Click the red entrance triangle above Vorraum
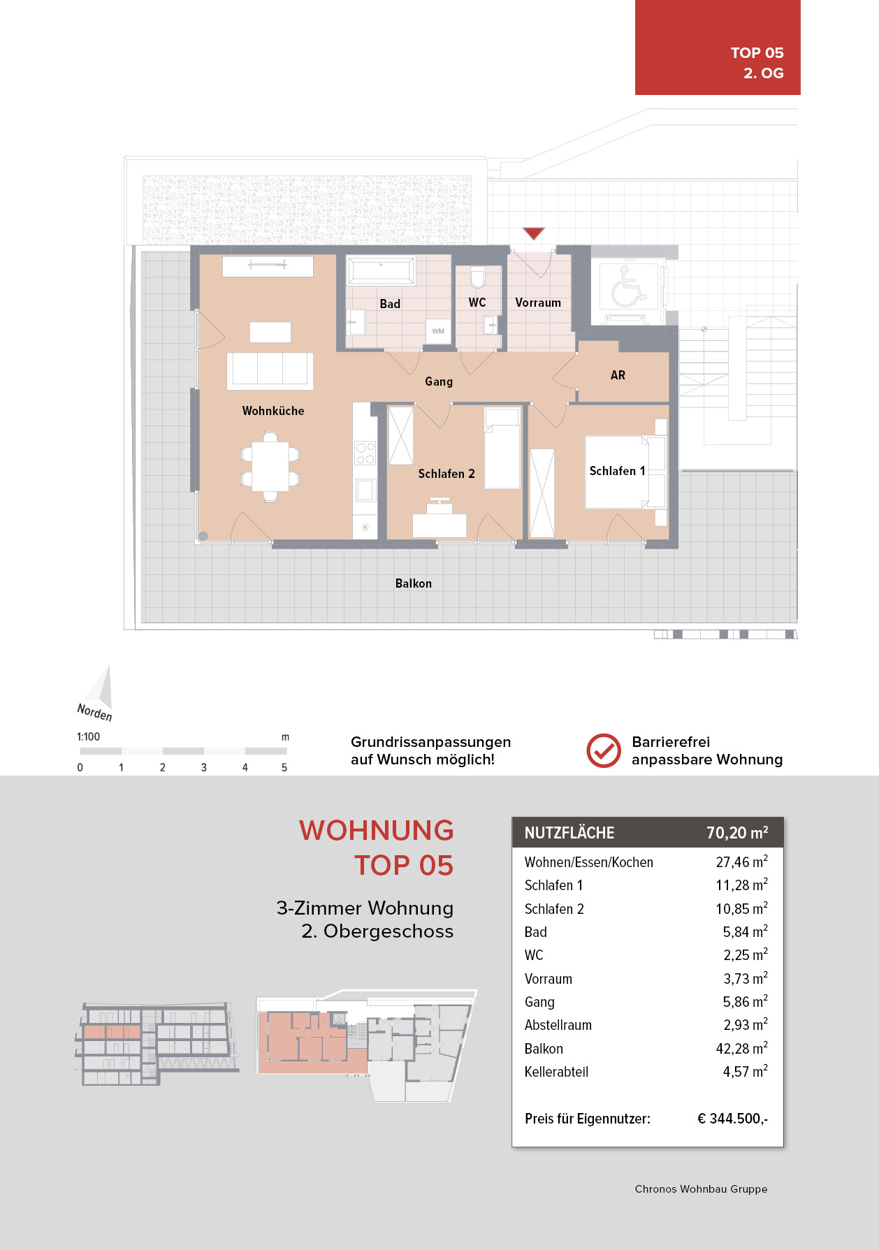click(x=534, y=233)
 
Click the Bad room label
click(x=390, y=304)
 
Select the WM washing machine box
click(x=438, y=331)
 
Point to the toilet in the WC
click(x=478, y=277)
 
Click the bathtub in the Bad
click(x=381, y=269)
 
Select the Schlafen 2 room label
click(x=446, y=474)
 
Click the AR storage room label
click(x=618, y=375)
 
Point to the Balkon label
click(x=414, y=583)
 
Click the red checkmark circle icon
click(x=604, y=750)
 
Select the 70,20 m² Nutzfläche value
click(x=737, y=832)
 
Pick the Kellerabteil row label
click(x=556, y=1072)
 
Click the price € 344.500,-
click(x=732, y=1119)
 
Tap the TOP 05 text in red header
click(x=757, y=53)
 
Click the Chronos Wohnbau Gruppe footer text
click(x=701, y=1189)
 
